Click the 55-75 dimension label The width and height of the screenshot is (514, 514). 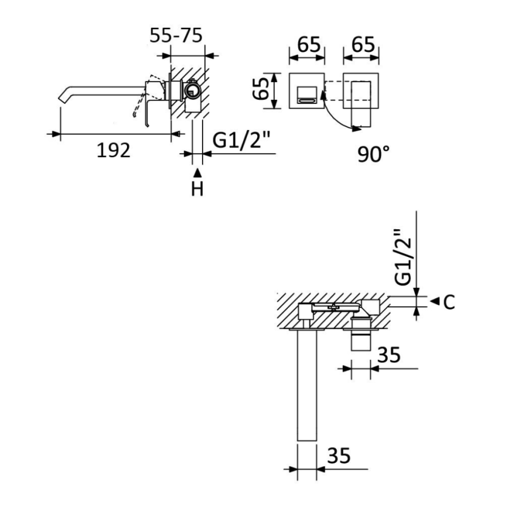[x=176, y=36]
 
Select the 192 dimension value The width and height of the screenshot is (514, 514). [x=114, y=151]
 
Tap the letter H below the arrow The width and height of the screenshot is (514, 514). [x=197, y=189]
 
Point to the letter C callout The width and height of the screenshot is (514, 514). [x=449, y=302]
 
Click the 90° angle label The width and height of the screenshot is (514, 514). [x=373, y=154]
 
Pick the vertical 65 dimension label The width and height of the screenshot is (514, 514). [x=261, y=89]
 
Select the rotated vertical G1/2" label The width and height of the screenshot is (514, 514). [x=402, y=257]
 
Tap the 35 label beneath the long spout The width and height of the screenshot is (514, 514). [x=339, y=456]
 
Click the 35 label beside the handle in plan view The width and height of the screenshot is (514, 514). [x=389, y=355]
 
